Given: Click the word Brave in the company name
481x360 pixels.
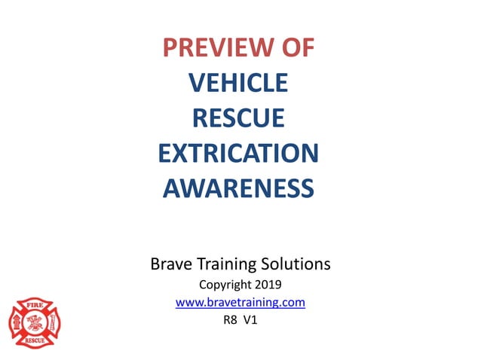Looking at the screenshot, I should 171,264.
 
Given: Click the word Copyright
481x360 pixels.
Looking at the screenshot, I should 225,285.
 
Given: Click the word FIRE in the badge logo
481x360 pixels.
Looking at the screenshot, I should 34,307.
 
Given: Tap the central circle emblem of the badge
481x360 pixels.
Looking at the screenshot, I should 34,323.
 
